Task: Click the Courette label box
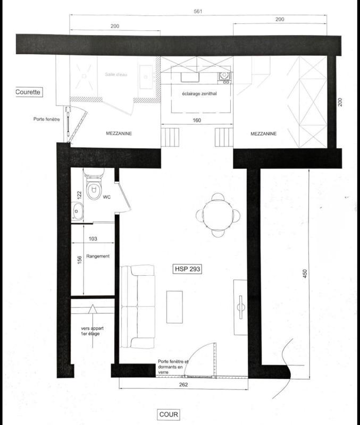click(28, 92)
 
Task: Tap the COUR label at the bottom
click(169, 414)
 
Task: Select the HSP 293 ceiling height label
click(188, 269)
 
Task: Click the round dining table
click(218, 215)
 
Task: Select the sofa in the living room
click(137, 307)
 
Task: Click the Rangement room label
click(99, 256)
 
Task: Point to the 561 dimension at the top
click(197, 11)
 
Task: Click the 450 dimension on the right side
click(305, 273)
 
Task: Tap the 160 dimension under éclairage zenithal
click(197, 121)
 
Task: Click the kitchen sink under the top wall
click(189, 77)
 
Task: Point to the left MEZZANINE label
click(118, 134)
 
